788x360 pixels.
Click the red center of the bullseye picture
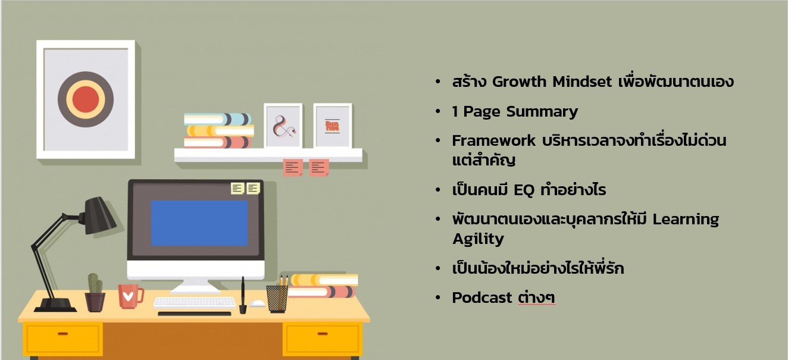[86, 99]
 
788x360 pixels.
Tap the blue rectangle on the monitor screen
[199, 223]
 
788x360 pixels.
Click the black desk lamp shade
[99, 215]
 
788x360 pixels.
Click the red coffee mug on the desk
[130, 296]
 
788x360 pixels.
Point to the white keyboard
[195, 303]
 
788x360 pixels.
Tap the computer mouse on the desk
[257, 303]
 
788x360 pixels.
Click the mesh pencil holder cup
[277, 299]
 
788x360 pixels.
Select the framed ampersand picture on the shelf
[283, 126]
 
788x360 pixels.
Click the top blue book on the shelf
[217, 119]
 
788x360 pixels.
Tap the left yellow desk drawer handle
[62, 333]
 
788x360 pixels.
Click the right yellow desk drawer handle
[322, 333]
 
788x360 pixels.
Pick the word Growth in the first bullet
[519, 82]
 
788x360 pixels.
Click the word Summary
[542, 112]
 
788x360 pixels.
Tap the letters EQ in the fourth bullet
[524, 190]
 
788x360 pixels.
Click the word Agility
[478, 239]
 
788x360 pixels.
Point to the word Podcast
[482, 298]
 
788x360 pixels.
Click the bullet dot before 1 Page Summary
[437, 111]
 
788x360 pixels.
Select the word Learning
[686, 220]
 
